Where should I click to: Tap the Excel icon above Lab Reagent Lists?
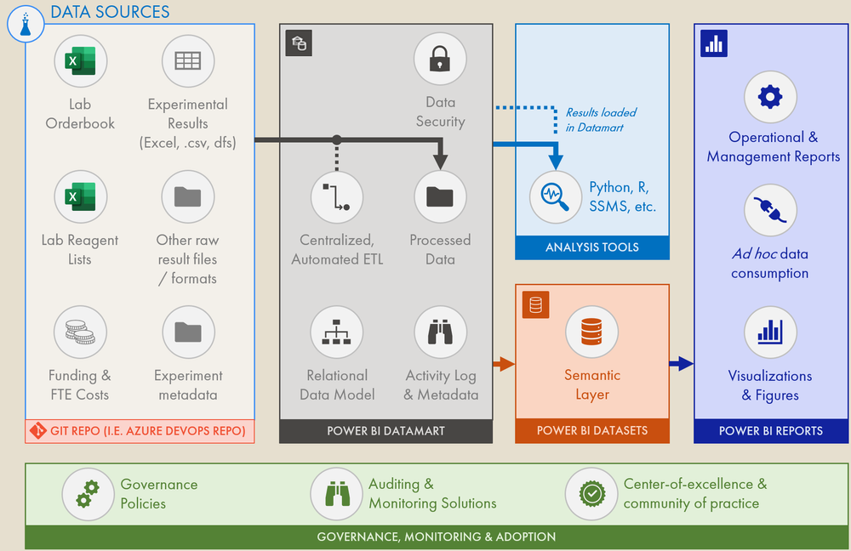point(80,196)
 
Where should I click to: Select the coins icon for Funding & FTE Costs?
point(80,332)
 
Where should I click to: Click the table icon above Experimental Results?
point(187,61)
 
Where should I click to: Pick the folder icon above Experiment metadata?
point(187,332)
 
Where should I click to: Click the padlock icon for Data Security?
point(440,59)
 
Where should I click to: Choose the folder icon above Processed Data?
point(440,196)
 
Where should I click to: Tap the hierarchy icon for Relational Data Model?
point(337,332)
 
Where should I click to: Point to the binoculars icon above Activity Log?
point(440,332)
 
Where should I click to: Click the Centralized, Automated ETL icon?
point(337,196)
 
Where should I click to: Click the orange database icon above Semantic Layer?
point(592,332)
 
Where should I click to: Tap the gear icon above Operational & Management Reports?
point(770,97)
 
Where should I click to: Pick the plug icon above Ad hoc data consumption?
point(770,211)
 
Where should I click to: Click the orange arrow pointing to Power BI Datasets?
point(504,365)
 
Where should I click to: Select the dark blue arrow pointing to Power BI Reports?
point(682,365)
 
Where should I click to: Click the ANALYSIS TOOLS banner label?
point(592,247)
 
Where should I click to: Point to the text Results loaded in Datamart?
point(601,120)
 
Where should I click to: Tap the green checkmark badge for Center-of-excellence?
point(591,493)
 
